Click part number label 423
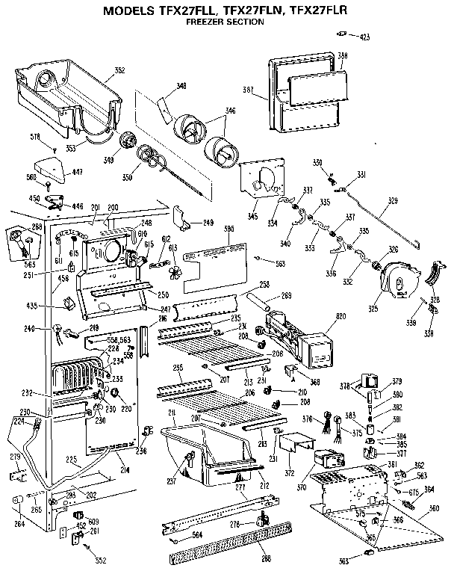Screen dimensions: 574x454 364,37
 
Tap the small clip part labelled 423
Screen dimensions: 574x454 345,34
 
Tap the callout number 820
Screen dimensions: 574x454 341,317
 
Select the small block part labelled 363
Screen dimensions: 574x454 367,550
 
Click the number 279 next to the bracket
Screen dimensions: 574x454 14,457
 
